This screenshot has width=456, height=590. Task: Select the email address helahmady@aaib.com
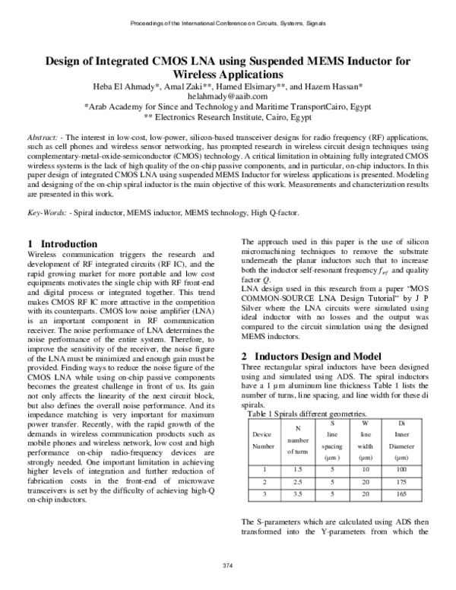(228, 97)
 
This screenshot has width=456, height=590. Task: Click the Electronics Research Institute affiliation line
(228, 118)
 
